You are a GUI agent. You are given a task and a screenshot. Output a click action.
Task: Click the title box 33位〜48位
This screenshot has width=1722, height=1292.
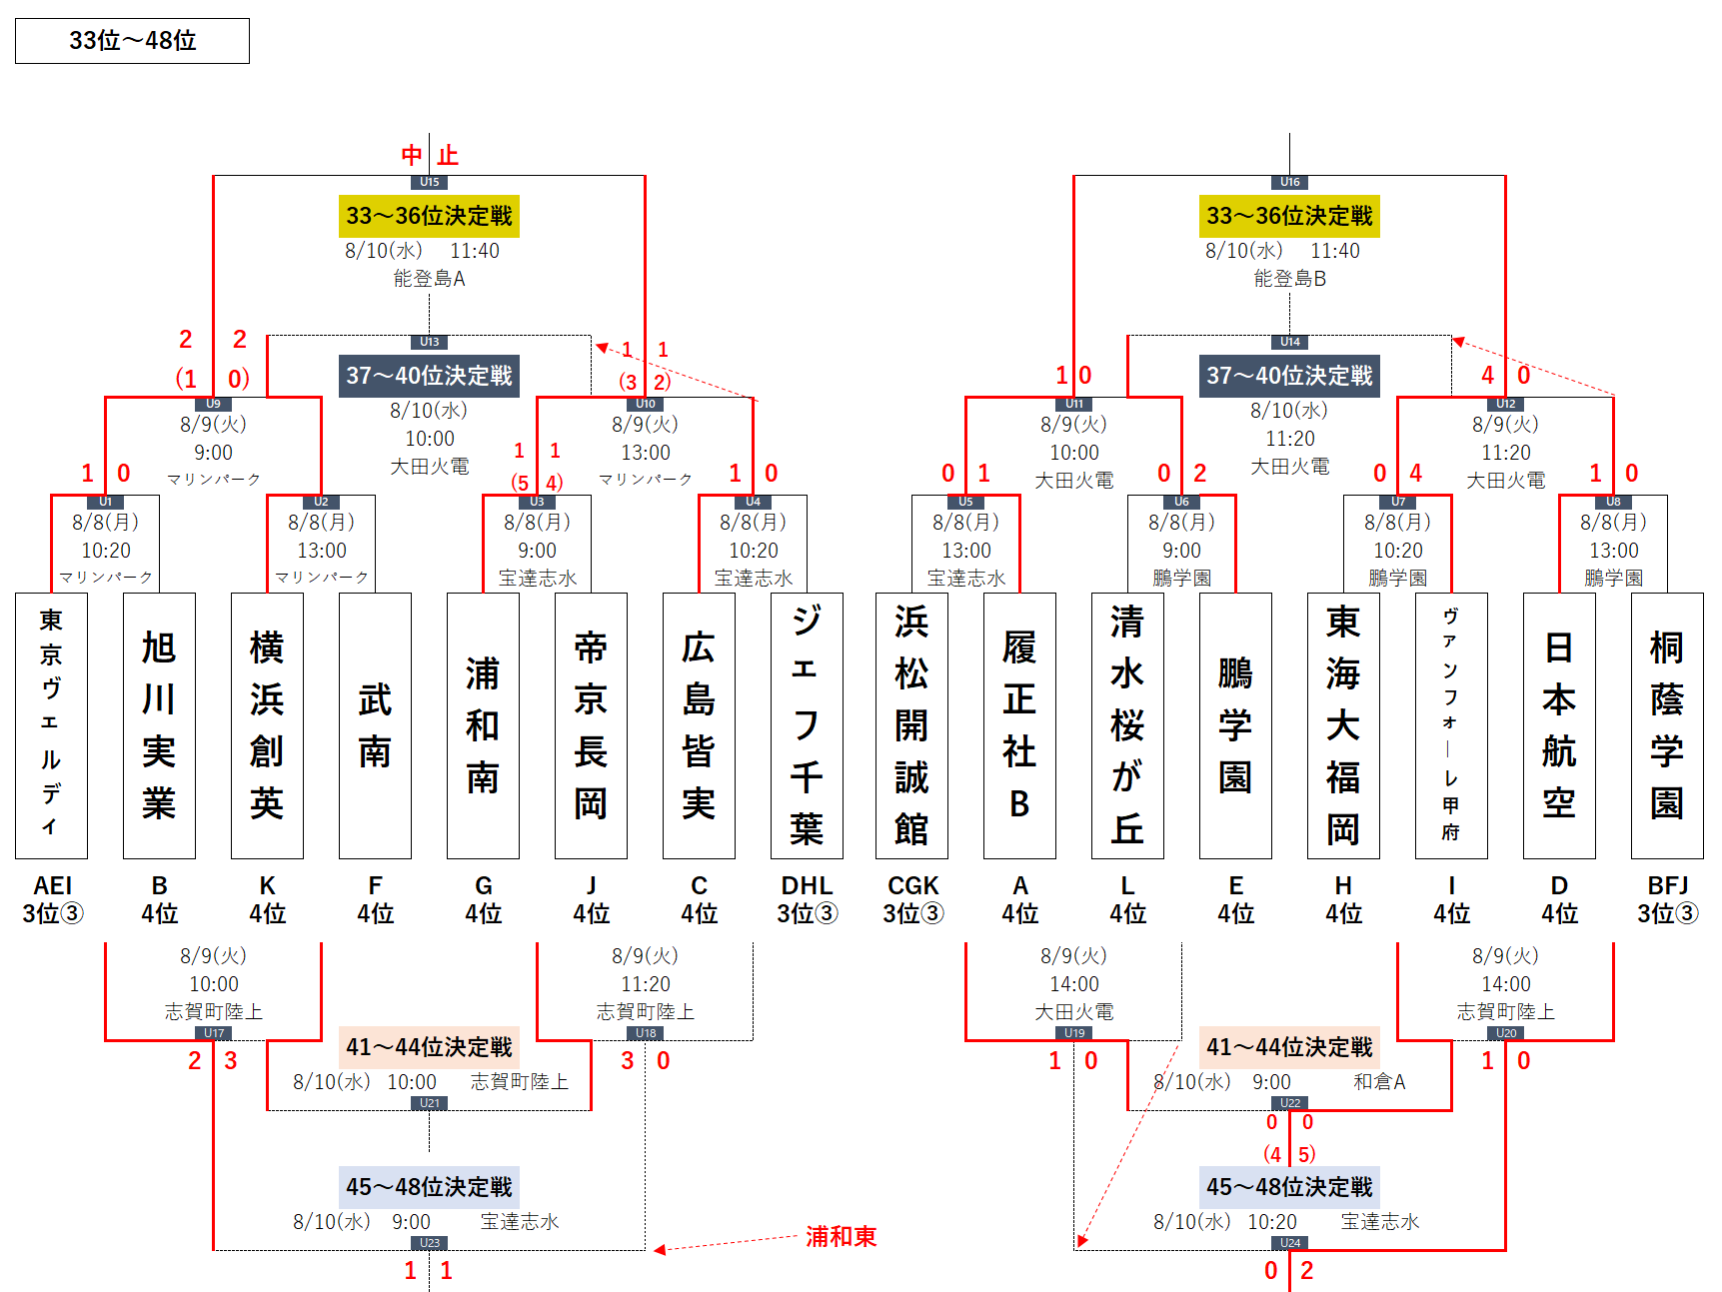pyautogui.click(x=132, y=41)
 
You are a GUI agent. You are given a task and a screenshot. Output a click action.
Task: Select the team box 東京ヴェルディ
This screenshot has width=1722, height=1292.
pyautogui.click(x=51, y=725)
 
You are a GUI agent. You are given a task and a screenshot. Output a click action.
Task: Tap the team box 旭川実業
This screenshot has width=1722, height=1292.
pyautogui.click(x=159, y=725)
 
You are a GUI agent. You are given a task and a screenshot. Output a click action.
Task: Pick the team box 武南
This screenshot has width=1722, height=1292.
pyautogui.click(x=375, y=725)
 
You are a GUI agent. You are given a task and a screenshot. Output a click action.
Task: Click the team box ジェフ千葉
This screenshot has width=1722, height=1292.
pyautogui.click(x=807, y=725)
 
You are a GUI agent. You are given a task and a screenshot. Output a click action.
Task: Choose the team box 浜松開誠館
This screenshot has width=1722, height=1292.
pyautogui.click(x=911, y=725)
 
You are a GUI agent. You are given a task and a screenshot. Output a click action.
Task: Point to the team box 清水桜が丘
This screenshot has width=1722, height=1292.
pyautogui.click(x=1127, y=725)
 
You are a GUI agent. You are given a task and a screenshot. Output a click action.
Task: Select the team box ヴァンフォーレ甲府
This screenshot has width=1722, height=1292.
pyautogui.click(x=1451, y=725)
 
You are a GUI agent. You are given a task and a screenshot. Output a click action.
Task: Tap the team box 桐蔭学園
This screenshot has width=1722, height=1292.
pyautogui.click(x=1667, y=725)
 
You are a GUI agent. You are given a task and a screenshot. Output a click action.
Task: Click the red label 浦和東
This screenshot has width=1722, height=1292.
pyautogui.click(x=841, y=1237)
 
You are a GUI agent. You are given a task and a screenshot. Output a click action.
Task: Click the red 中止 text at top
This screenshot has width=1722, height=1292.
pyautogui.click(x=430, y=155)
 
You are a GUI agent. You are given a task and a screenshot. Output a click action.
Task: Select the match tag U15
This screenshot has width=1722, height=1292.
pyautogui.click(x=430, y=182)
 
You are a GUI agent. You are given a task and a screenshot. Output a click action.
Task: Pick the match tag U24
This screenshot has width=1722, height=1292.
pyautogui.click(x=1290, y=1243)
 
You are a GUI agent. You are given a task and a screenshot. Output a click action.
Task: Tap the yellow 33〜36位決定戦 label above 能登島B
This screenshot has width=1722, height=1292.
pyautogui.click(x=1289, y=216)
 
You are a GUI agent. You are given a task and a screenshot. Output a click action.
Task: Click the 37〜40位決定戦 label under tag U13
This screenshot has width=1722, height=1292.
pyautogui.click(x=429, y=376)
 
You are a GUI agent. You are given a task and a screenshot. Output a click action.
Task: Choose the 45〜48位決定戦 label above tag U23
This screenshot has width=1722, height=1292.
pyautogui.click(x=429, y=1187)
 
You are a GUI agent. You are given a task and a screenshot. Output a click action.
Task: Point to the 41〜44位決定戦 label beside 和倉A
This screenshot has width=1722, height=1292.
pyautogui.click(x=1289, y=1047)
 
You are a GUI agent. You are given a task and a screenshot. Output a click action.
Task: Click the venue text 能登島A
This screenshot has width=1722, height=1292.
pyautogui.click(x=429, y=279)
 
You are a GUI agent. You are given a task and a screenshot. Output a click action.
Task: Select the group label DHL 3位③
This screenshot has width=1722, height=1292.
pyautogui.click(x=807, y=899)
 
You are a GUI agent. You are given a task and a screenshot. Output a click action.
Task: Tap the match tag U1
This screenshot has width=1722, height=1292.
pyautogui.click(x=106, y=502)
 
